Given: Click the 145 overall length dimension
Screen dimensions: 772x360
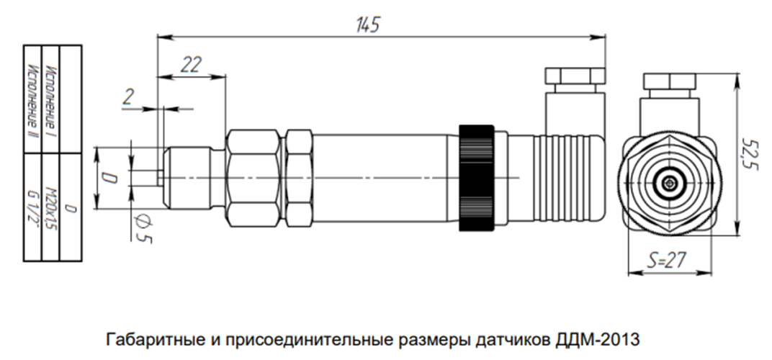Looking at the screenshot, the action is tap(368, 24).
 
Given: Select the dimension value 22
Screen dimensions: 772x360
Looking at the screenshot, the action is tap(191, 65).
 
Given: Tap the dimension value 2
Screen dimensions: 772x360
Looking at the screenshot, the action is tap(128, 97).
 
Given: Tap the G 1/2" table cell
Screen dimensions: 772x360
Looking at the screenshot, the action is tap(33, 207).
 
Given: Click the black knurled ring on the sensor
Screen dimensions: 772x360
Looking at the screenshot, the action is tap(476, 178).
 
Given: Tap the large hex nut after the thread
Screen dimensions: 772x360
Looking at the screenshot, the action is tap(252, 178).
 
